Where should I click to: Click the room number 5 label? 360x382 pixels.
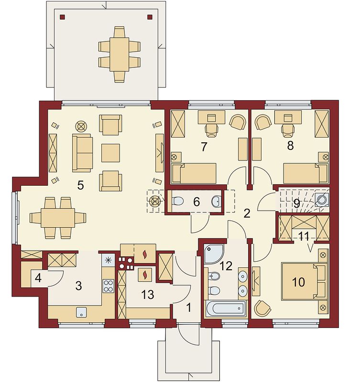[80, 185]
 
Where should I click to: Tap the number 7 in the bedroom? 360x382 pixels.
[204, 147]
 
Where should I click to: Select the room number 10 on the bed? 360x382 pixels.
[298, 282]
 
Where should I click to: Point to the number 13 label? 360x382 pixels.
[148, 295]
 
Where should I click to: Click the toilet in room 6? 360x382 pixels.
[178, 201]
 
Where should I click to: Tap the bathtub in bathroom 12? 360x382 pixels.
[225, 308]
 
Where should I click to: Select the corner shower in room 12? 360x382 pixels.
[213, 254]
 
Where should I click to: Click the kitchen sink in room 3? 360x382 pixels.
[81, 312]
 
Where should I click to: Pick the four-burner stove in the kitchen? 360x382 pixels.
[109, 286]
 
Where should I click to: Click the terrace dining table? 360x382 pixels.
[119, 54]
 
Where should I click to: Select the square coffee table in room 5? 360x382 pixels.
[110, 153]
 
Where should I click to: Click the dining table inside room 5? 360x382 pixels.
[58, 218]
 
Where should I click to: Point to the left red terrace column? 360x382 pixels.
[63, 17]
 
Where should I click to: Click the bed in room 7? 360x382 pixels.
[194, 173]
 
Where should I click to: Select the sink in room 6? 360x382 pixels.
[217, 202]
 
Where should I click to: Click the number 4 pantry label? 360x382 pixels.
[38, 278]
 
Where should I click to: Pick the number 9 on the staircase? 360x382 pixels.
[296, 204]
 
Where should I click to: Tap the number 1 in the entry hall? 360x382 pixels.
[189, 308]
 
